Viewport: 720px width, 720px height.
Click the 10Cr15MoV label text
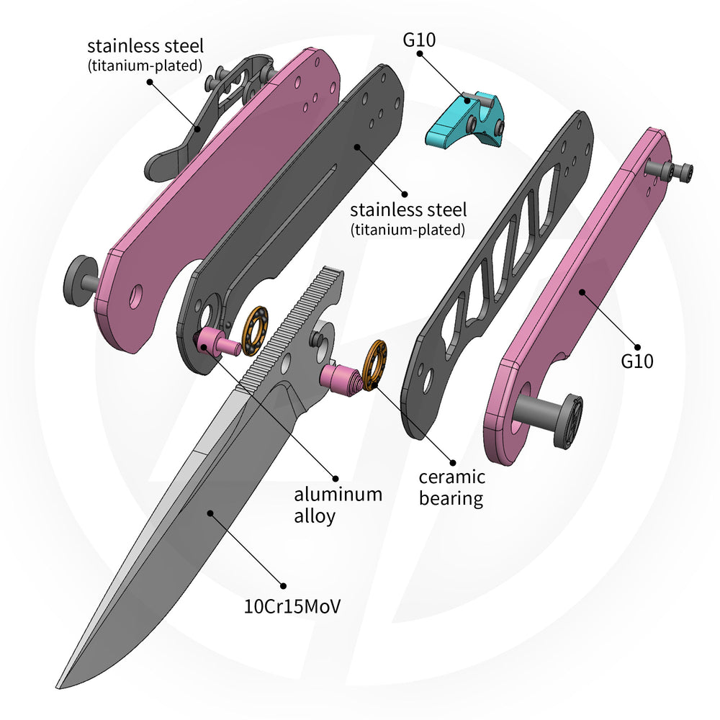[x=292, y=606]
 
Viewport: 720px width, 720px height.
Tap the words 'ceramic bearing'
[x=452, y=487]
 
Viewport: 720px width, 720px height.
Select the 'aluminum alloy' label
[x=338, y=505]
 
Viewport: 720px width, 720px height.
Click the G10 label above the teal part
[x=419, y=40]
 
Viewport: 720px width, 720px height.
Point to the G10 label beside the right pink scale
[x=637, y=361]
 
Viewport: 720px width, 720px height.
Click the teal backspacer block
[x=464, y=120]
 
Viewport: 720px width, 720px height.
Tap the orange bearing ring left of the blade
[x=256, y=330]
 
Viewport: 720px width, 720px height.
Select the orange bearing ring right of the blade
[x=374, y=365]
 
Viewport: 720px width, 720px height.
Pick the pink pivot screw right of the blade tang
[x=343, y=379]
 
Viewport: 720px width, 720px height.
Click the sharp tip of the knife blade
[x=57, y=688]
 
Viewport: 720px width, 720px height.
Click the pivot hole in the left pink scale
[x=136, y=296]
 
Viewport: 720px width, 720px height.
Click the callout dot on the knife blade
[x=210, y=513]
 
